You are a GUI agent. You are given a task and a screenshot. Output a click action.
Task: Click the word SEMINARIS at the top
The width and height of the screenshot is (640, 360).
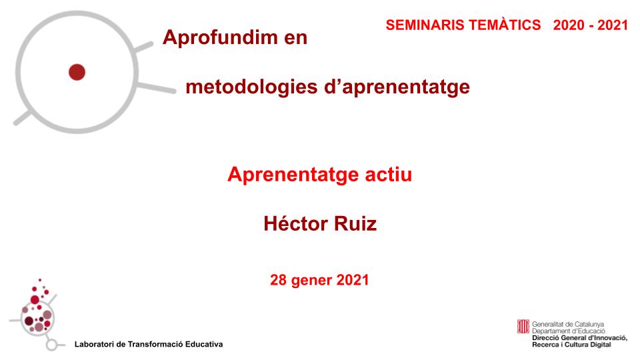pyautogui.click(x=421, y=25)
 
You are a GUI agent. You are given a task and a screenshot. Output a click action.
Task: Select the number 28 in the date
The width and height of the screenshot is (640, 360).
pyautogui.click(x=278, y=280)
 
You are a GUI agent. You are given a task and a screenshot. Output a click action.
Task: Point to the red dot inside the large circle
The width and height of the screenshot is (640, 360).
pyautogui.click(x=77, y=71)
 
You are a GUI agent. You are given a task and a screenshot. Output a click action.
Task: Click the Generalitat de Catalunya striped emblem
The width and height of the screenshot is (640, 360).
pyautogui.click(x=523, y=327)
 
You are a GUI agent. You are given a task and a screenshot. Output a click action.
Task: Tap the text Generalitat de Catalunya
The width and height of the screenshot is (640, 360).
pyautogui.click(x=568, y=324)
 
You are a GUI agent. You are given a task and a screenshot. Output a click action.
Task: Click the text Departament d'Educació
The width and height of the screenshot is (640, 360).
pyautogui.click(x=568, y=331)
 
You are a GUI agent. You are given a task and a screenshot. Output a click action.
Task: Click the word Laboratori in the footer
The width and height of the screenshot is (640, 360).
pyautogui.click(x=95, y=344)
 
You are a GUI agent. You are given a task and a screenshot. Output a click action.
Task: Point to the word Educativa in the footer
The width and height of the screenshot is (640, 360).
pyautogui.click(x=202, y=344)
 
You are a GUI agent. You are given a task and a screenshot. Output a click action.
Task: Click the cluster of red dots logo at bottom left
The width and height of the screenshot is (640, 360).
pyautogui.click(x=37, y=310)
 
